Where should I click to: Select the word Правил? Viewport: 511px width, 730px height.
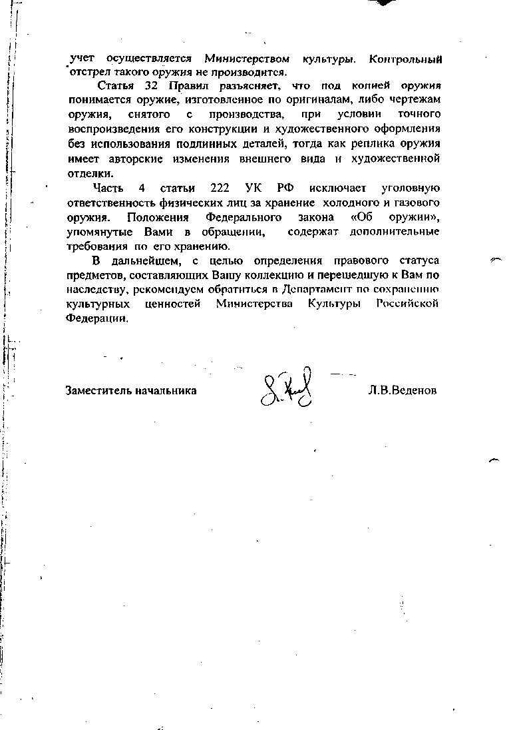coord(189,87)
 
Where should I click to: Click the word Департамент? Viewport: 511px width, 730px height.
coord(321,290)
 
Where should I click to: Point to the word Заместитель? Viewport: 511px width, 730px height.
coord(96,391)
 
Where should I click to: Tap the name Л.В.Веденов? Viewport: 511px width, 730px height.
coord(403,391)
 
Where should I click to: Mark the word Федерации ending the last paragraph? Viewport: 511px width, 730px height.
coord(97,318)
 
